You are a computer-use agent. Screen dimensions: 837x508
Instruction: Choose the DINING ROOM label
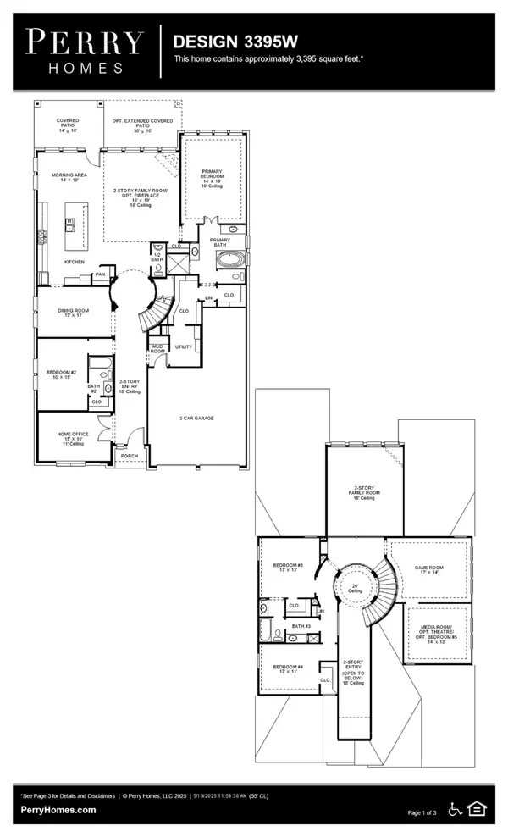72,312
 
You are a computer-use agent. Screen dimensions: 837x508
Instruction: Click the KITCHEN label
75,262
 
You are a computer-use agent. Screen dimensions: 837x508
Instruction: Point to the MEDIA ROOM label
437,632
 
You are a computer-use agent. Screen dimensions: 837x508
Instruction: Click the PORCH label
129,455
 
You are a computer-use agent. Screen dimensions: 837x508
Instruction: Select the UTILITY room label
183,346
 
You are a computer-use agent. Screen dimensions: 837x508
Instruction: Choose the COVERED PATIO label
68,123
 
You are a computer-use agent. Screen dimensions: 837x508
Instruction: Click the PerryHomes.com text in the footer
58,809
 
